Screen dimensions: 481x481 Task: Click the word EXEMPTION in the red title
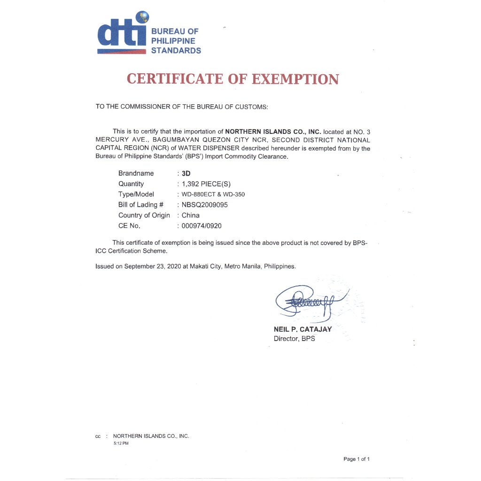295,79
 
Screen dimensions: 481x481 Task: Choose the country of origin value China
190,215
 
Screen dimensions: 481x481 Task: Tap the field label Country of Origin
144,215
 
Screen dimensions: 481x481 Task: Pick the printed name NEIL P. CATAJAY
303,329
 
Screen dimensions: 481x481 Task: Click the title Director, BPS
294,338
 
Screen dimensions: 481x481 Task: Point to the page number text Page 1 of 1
357,459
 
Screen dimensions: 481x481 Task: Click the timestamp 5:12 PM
121,443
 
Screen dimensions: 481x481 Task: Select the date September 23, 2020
151,266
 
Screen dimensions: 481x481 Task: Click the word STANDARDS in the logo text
176,51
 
